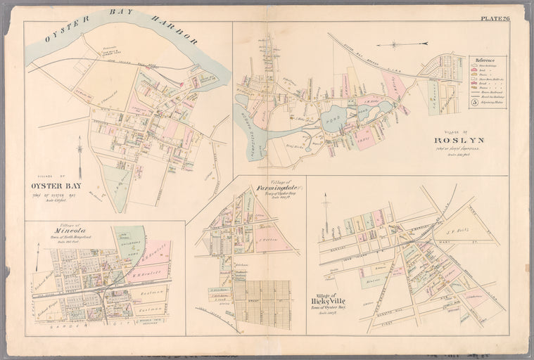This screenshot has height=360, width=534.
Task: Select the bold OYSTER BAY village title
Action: coord(54,186)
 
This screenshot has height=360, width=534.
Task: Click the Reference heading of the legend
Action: coord(487,61)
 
